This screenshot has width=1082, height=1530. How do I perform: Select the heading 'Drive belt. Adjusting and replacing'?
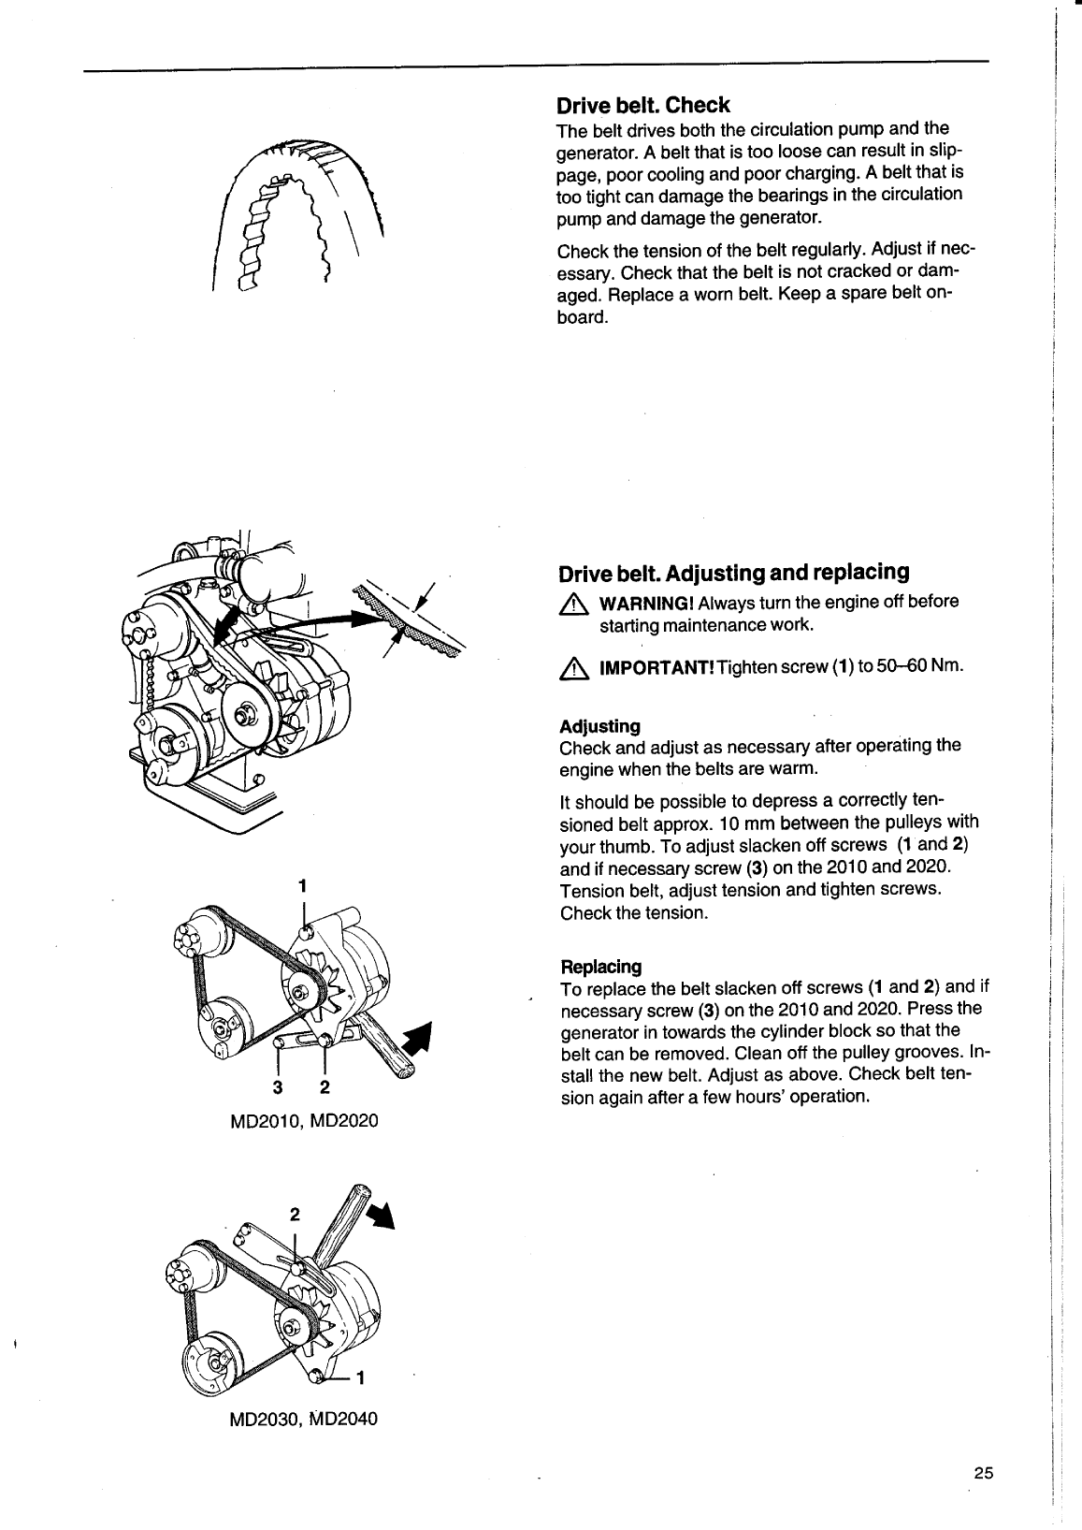733,572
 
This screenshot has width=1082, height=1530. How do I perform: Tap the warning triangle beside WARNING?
570,604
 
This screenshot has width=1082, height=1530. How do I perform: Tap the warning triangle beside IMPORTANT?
570,668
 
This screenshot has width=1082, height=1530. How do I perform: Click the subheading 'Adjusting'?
599,726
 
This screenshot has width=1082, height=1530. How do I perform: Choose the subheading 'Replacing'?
600,967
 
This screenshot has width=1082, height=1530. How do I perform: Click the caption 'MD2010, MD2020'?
304,1120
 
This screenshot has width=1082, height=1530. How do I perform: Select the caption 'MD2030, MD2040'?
304,1419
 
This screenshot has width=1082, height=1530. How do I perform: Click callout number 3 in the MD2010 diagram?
277,1087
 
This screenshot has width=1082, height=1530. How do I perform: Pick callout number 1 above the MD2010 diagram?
302,885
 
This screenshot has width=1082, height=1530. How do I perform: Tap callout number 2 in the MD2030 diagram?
295,1215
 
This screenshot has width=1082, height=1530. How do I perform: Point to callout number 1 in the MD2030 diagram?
361,1377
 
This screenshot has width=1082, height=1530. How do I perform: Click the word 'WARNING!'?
646,602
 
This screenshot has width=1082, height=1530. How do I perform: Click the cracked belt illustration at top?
299,215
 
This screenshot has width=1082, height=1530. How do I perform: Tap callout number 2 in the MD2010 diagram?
325,1087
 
